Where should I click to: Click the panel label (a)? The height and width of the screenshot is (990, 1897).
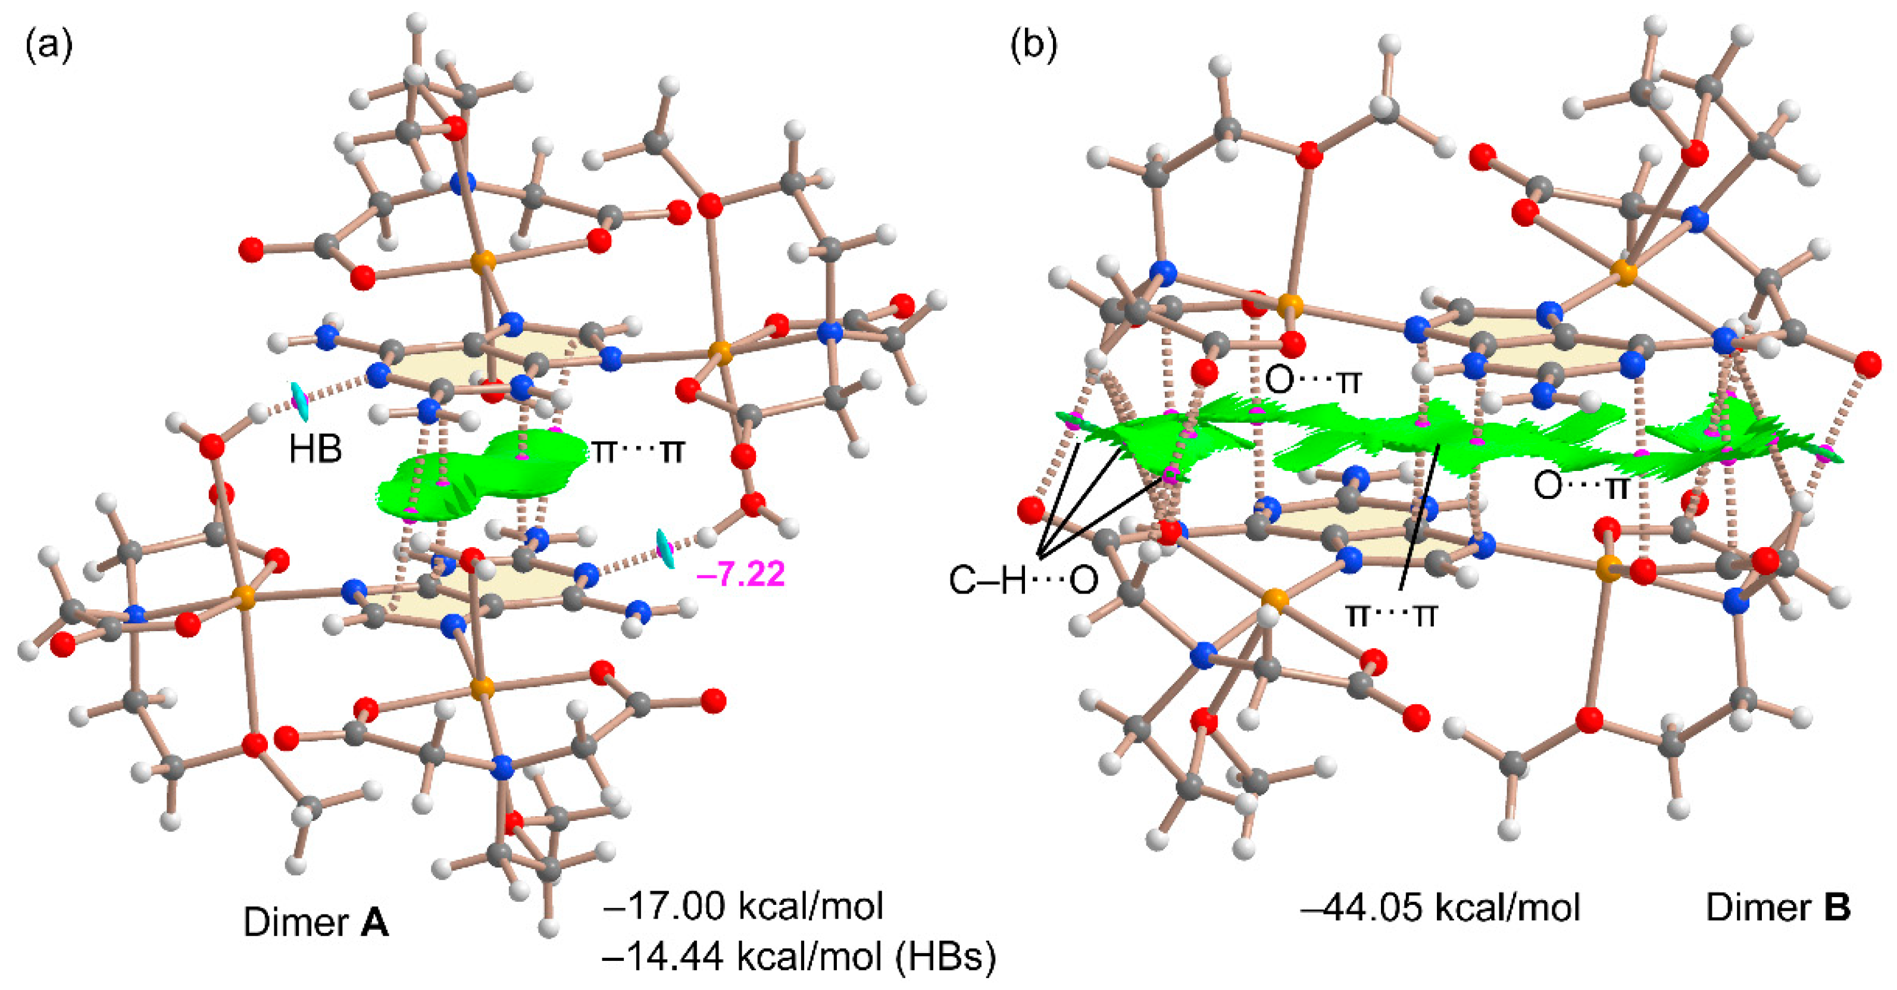click(x=49, y=46)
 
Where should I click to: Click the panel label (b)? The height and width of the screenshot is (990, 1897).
click(x=1033, y=46)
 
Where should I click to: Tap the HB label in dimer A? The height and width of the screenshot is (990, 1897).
click(x=315, y=449)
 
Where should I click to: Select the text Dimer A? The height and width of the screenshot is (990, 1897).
click(x=316, y=922)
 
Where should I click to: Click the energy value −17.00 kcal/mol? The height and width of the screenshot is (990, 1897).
click(x=743, y=905)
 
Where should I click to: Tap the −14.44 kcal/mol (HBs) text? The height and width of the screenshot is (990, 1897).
click(x=799, y=957)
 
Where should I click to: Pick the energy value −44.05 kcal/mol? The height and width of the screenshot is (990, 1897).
click(x=1440, y=907)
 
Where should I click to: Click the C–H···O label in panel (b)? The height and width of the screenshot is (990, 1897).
click(x=1023, y=580)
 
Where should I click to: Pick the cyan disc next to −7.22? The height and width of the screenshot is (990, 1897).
click(x=665, y=549)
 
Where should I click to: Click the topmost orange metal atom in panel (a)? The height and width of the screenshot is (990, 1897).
click(x=482, y=261)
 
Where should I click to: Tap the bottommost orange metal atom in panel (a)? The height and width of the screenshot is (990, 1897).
click(x=482, y=688)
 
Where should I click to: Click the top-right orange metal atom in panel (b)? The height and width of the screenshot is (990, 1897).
click(x=1624, y=273)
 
